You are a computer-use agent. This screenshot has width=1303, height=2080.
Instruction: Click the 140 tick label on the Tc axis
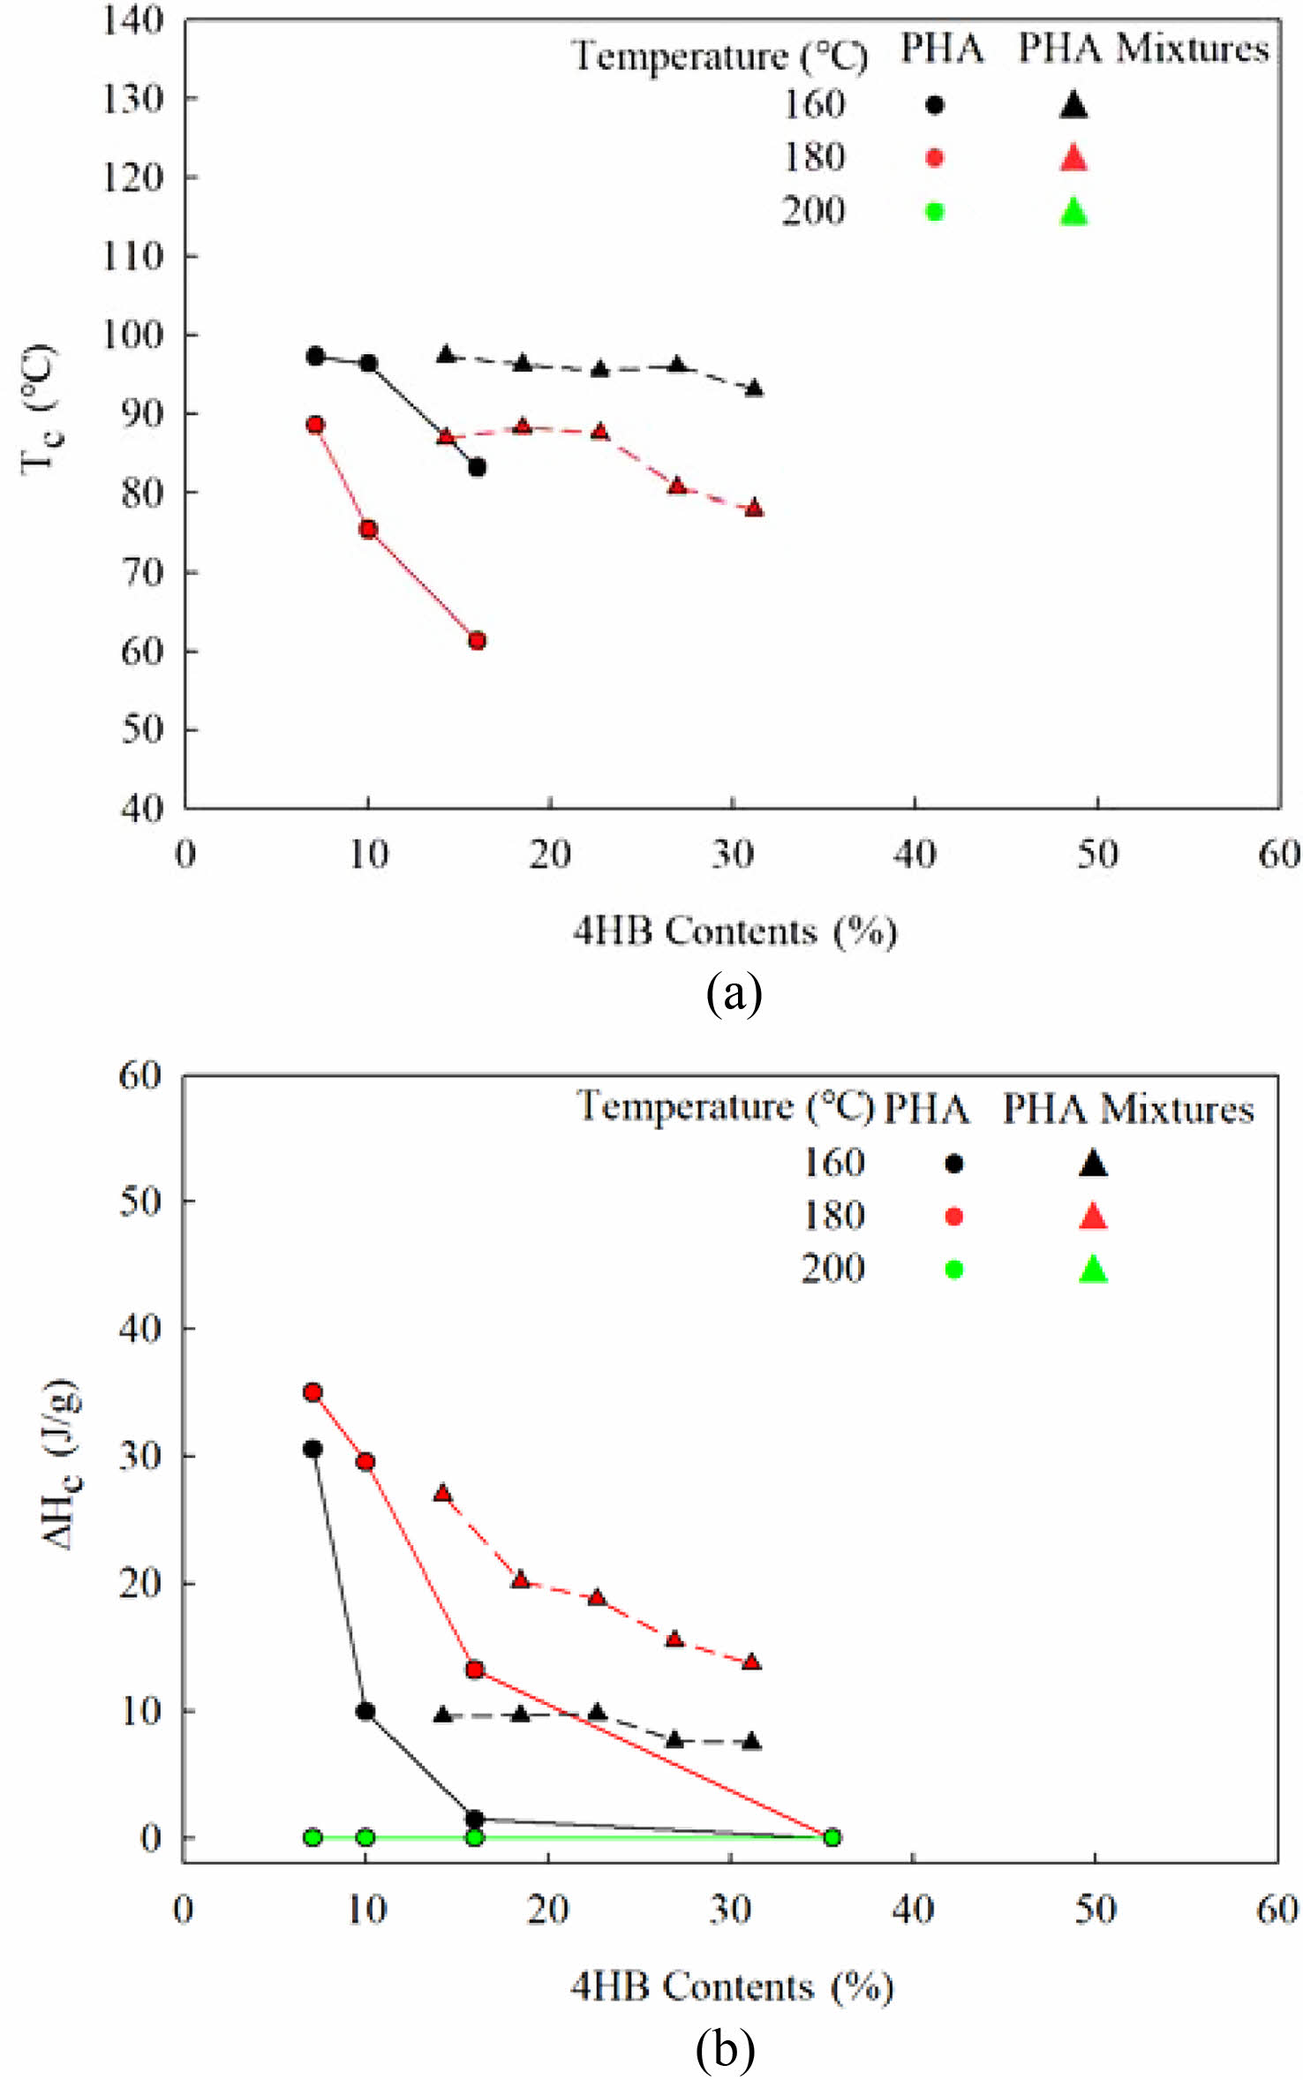pos(132,20)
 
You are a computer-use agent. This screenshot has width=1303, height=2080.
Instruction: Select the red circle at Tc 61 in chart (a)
pos(477,640)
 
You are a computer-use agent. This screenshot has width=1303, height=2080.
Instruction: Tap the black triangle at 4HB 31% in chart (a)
pos(754,388)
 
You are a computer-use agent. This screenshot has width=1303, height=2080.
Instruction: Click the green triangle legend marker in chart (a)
pos(1073,212)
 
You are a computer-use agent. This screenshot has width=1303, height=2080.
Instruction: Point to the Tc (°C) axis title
pos(39,409)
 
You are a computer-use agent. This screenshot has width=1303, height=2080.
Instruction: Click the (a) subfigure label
pos(733,994)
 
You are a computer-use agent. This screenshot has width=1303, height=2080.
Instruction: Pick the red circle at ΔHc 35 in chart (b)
pos(313,1392)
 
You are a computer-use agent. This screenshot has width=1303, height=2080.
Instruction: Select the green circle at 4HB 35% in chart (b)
pos(832,1837)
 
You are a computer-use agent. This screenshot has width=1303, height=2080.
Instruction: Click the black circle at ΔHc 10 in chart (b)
pos(365,1711)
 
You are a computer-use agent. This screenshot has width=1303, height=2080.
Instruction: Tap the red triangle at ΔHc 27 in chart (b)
pos(443,1494)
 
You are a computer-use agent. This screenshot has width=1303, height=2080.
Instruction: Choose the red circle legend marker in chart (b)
pos(953,1217)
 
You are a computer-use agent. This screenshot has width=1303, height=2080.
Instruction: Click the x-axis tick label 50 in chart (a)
pos(1097,855)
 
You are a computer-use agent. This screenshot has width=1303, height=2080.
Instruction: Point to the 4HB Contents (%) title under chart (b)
pos(732,1986)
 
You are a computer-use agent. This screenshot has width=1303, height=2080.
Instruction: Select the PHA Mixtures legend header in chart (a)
pos(1143,49)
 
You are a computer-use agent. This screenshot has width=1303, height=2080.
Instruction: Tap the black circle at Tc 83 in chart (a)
pos(477,467)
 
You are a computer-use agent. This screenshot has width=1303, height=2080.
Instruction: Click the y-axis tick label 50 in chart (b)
pos(139,1201)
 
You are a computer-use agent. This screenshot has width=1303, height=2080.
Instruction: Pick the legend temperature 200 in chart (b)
pos(832,1269)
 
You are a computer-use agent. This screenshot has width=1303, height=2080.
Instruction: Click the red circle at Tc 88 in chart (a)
pos(315,425)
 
